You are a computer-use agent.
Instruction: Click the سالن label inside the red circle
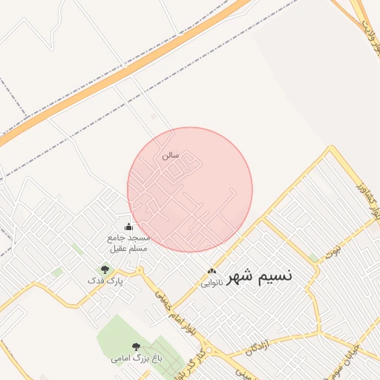(170, 157)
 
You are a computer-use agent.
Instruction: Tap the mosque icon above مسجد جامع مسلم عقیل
(128, 227)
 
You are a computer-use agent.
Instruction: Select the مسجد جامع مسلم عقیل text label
(129, 243)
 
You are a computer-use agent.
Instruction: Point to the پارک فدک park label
(105, 281)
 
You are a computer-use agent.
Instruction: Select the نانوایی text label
(212, 284)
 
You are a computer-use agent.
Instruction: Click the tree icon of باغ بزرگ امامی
(135, 346)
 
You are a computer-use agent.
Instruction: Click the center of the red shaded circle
(190, 189)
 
